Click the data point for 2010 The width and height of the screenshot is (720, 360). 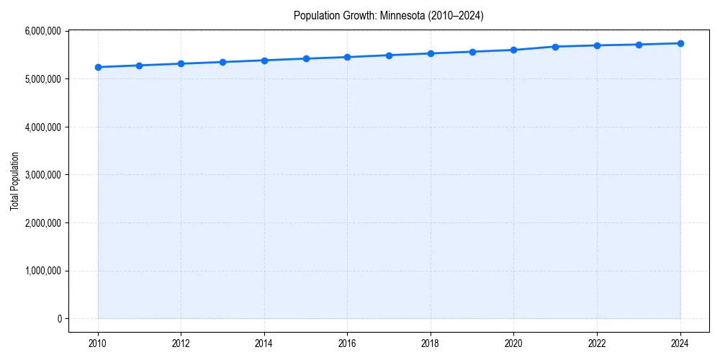click(98, 67)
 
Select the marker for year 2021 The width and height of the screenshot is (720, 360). click(555, 47)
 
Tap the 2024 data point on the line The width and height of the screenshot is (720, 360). click(680, 43)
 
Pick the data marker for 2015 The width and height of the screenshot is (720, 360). click(306, 58)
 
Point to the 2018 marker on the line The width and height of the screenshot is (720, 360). click(431, 53)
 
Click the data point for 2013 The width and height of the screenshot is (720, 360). click(222, 62)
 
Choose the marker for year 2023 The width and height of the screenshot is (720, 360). click(639, 45)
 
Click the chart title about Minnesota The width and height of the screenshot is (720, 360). click(388, 15)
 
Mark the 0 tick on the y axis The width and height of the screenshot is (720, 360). click(59, 319)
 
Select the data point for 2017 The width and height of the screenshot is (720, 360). click(389, 55)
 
